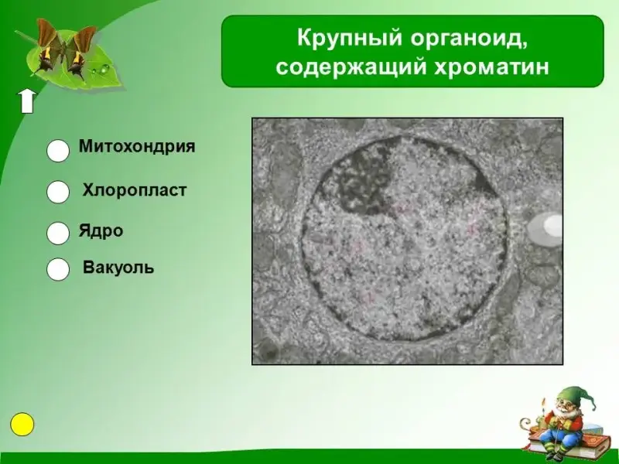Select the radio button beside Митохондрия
(x=58, y=150)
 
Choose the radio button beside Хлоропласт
(x=58, y=192)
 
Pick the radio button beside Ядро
(x=58, y=233)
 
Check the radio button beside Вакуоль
(x=58, y=269)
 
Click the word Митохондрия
(x=137, y=147)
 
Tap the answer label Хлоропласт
(x=134, y=190)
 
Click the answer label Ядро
(x=101, y=230)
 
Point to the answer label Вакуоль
(x=118, y=268)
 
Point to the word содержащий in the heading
(x=351, y=67)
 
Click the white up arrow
(x=27, y=101)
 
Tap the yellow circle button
(x=22, y=424)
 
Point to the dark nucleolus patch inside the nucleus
(x=361, y=183)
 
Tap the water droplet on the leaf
(x=104, y=70)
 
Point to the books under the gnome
(x=565, y=440)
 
